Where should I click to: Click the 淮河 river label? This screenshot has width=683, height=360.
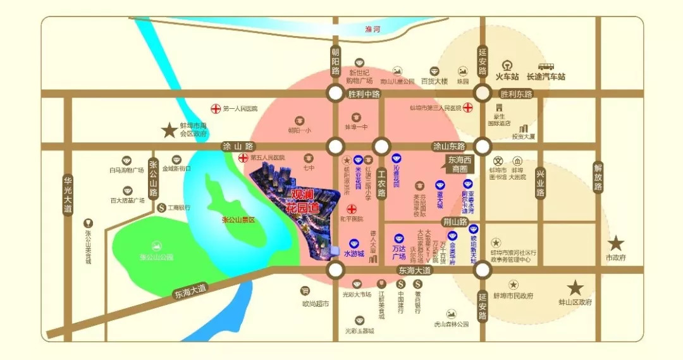click(374, 29)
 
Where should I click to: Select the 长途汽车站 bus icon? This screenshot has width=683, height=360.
click(546, 66)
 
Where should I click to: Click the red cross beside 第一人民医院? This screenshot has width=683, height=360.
click(216, 109)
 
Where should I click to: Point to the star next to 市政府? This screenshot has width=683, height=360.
click(616, 244)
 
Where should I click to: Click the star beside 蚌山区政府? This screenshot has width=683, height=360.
click(575, 288)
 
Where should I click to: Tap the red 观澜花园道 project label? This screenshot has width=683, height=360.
click(305, 200)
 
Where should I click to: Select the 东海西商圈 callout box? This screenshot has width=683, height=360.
click(460, 164)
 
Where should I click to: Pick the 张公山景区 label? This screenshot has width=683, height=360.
click(238, 220)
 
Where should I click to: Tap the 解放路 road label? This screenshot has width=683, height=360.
click(598, 178)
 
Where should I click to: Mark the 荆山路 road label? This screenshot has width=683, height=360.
click(454, 222)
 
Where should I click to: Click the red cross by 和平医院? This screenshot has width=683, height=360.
click(351, 209)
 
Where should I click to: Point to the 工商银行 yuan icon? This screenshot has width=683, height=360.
click(161, 207)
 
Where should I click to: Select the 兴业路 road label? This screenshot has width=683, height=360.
click(540, 183)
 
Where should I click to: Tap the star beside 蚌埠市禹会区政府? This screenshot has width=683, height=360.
click(169, 131)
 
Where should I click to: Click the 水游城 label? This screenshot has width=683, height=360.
click(354, 254)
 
